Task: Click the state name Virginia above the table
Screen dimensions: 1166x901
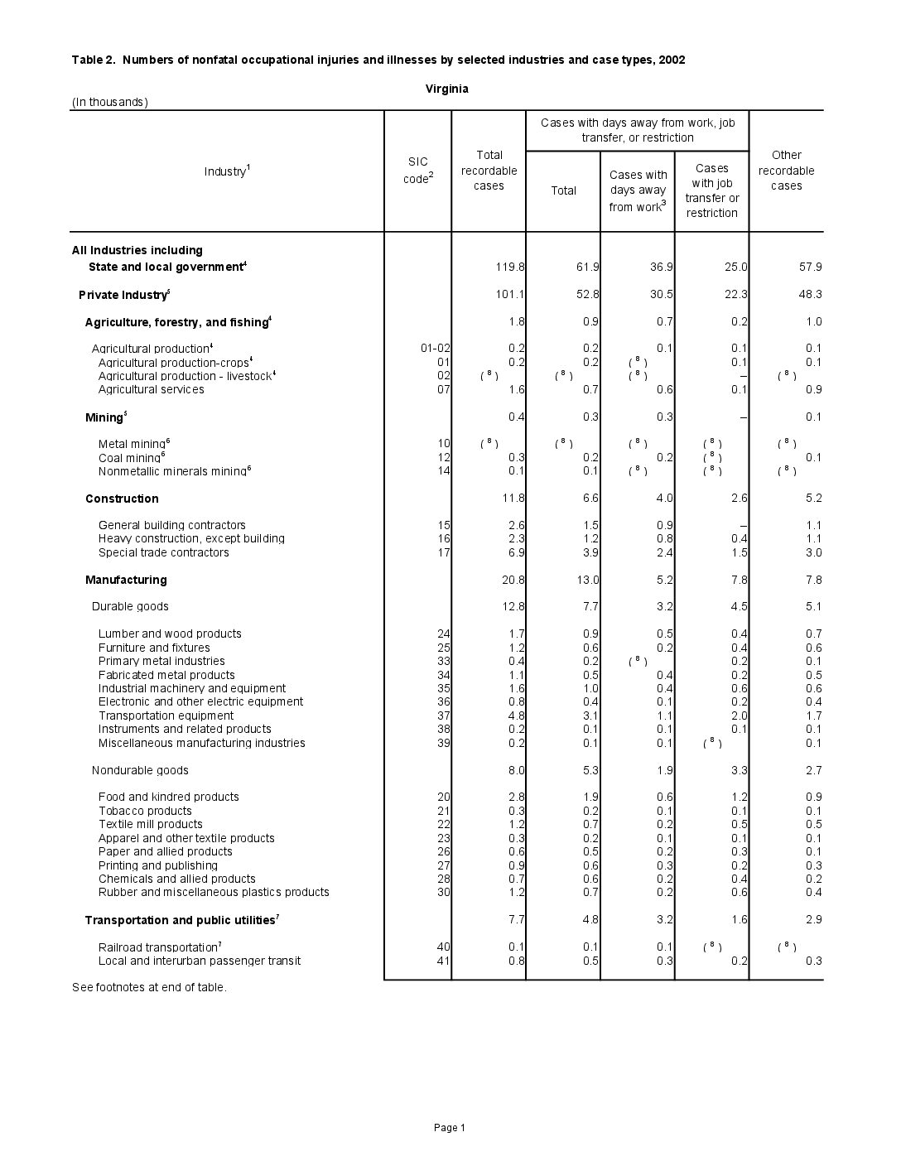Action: point(446,89)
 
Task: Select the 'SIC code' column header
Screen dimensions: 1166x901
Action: point(417,171)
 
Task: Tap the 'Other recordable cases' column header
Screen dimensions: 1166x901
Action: point(786,171)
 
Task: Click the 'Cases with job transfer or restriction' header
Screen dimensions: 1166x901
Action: point(711,190)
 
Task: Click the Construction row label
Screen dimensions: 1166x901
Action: point(122,499)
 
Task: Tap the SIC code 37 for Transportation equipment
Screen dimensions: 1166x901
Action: point(443,715)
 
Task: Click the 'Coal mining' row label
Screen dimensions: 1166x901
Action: point(131,457)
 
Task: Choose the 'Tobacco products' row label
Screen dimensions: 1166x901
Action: point(145,811)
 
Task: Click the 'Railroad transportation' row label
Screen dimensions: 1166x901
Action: point(159,947)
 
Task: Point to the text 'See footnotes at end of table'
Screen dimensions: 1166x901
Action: point(149,987)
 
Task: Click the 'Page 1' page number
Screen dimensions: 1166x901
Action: point(450,1127)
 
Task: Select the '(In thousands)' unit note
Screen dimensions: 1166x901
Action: point(110,102)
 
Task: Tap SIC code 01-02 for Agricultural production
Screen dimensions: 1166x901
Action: point(435,349)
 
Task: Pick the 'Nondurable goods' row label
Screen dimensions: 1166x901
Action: point(140,770)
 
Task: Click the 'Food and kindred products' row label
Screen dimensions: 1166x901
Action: point(168,797)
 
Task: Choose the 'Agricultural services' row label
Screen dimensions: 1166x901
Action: point(151,389)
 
